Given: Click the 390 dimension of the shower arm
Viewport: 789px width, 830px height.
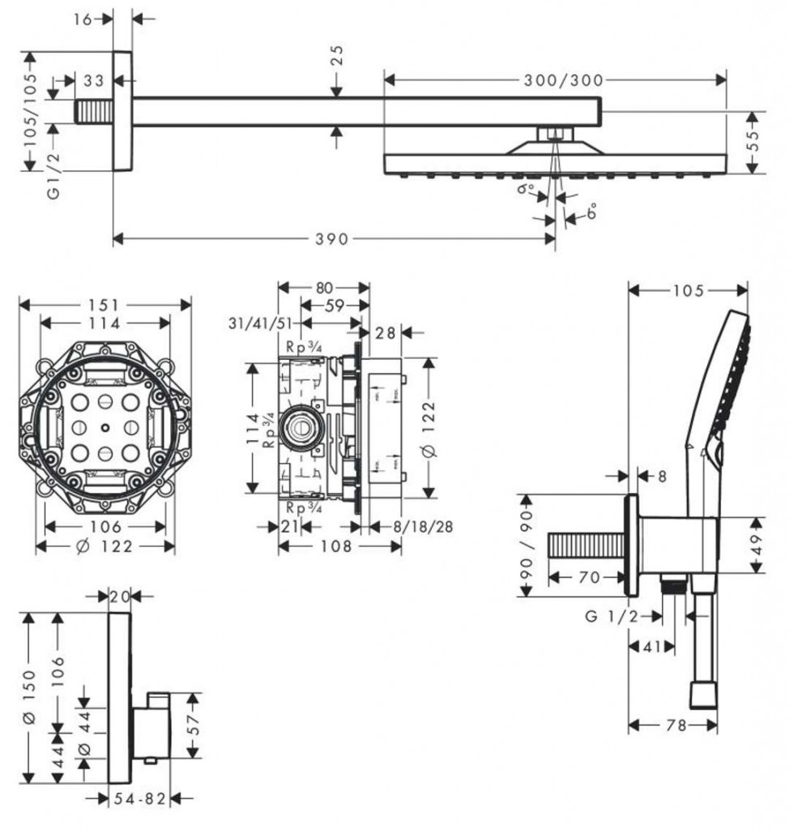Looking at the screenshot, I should point(332,238).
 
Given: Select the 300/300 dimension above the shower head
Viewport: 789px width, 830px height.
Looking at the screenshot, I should point(564,79).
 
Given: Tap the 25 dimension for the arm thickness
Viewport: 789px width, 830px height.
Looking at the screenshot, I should point(337,55).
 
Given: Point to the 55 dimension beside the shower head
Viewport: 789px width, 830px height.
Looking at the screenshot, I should point(755,142).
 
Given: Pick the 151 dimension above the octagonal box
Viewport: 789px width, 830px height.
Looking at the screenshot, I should point(105,305).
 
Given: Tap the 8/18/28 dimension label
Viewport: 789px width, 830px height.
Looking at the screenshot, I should point(422,527).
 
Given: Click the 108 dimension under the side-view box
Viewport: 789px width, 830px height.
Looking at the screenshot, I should point(335,546).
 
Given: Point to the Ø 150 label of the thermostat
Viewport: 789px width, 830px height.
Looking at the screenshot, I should point(30,697).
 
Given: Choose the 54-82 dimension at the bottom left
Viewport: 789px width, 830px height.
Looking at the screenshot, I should point(139,799).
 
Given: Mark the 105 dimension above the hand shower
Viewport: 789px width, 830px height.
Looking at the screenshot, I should point(689,291).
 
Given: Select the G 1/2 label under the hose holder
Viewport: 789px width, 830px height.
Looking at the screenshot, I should point(611,617).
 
